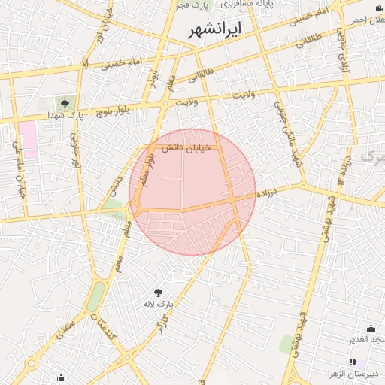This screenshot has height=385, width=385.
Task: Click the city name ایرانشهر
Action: click(214, 31)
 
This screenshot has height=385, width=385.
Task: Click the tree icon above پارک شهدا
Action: click(64, 103)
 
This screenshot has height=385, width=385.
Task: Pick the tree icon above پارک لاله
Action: click(159, 292)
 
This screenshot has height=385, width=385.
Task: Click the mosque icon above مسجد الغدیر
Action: click(371, 328)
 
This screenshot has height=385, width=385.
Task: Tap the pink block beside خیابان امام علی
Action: click(28, 135)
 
